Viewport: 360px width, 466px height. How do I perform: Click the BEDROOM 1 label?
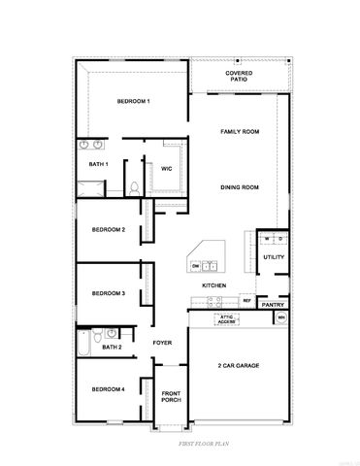click(134, 102)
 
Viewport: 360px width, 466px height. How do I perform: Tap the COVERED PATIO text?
click(239, 77)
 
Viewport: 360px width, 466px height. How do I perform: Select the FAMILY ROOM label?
click(239, 131)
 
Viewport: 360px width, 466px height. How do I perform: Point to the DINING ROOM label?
click(239, 187)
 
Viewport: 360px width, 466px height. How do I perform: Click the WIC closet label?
click(166, 169)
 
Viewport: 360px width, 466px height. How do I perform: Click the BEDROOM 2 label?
click(108, 229)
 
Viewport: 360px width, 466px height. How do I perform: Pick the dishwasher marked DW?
click(195, 265)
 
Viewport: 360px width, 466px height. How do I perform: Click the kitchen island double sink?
click(211, 265)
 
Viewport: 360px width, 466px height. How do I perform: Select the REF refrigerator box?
click(246, 302)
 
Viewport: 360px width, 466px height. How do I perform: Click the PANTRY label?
click(273, 304)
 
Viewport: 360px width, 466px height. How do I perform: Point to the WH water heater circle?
click(281, 317)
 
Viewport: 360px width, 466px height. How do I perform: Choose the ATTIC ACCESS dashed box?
click(226, 318)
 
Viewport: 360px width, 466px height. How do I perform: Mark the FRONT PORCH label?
click(172, 397)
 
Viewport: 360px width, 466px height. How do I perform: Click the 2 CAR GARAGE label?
click(239, 365)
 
